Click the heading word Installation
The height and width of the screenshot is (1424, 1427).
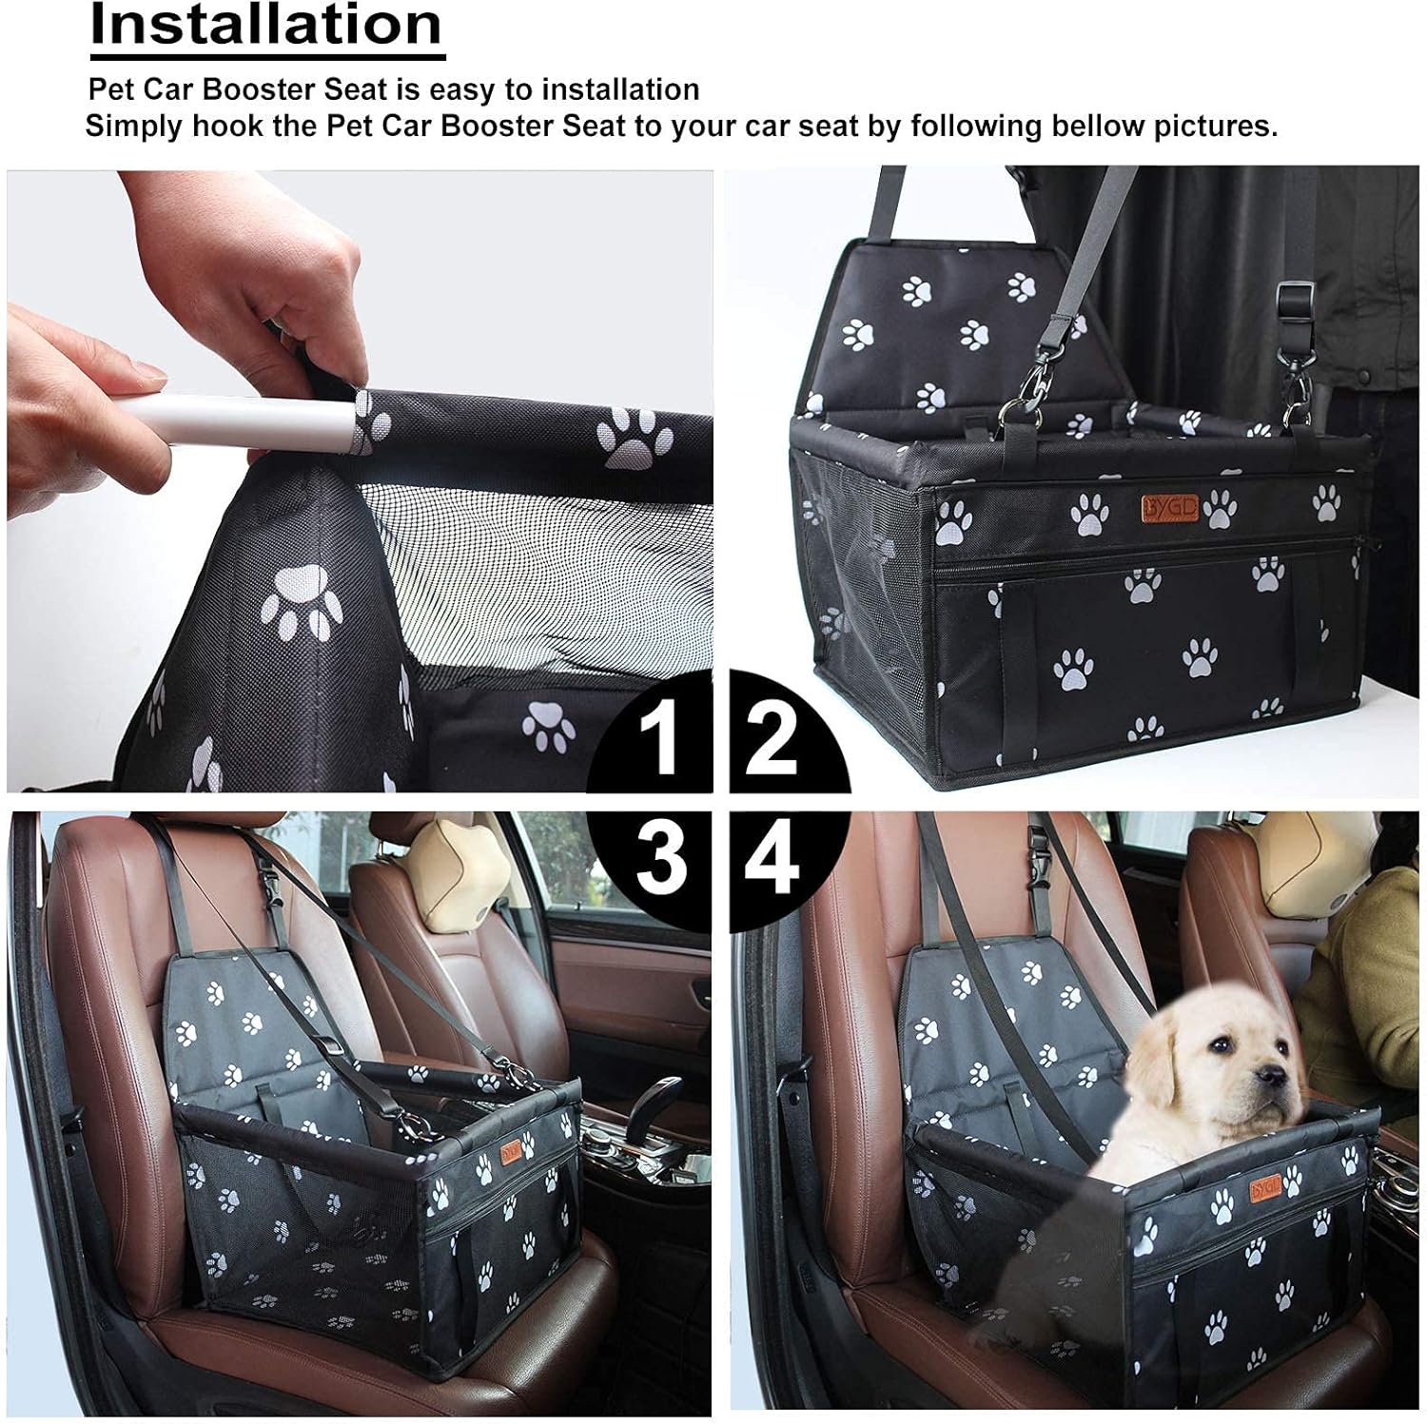(x=266, y=26)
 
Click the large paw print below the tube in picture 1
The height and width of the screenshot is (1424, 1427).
(x=301, y=602)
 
